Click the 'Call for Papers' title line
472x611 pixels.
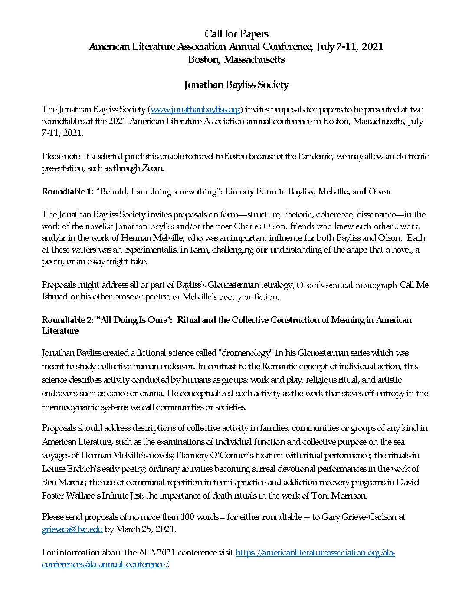pyautogui.click(x=236, y=34)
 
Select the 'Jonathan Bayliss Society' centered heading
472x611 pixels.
pyautogui.click(x=236, y=85)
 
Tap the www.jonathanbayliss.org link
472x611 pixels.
pyautogui.click(x=196, y=109)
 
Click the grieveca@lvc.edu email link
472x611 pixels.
pyautogui.click(x=72, y=529)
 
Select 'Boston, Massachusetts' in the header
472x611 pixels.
pyautogui.click(x=236, y=59)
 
